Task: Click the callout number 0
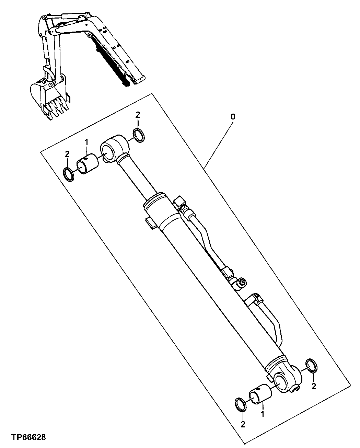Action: [233, 117]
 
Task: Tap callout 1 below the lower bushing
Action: [263, 414]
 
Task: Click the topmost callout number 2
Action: [137, 115]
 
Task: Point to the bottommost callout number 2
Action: [243, 424]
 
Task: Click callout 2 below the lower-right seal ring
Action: [313, 387]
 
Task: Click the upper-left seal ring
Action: [70, 174]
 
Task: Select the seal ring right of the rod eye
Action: [139, 136]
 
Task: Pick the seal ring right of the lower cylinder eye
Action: [312, 366]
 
